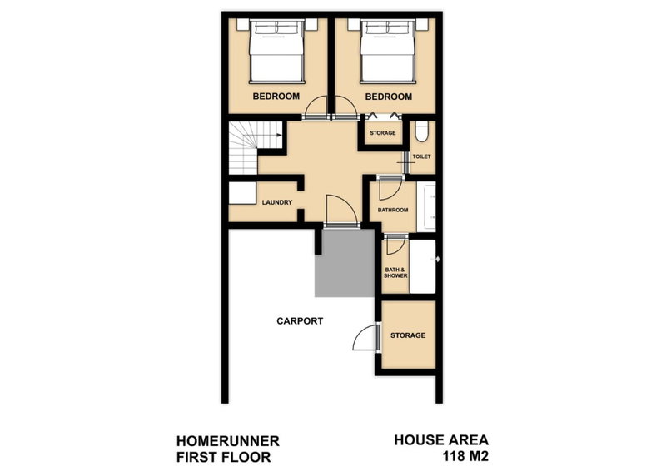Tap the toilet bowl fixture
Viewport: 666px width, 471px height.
[x=422, y=131]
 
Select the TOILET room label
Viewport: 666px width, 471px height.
[x=422, y=156]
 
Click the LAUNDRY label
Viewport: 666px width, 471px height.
[x=277, y=202]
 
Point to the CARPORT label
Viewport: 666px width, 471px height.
[x=300, y=321]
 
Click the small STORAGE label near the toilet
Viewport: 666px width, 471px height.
[x=383, y=133]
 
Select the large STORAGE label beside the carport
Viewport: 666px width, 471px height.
[x=408, y=335]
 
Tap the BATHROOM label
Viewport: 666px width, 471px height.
[x=393, y=210]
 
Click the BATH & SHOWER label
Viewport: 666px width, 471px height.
[x=396, y=273]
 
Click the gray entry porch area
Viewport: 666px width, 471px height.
[x=345, y=262]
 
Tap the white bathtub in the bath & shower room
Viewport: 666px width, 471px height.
[x=423, y=267]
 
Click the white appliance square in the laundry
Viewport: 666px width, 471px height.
[x=242, y=193]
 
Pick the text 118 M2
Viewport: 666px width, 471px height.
[x=465, y=457]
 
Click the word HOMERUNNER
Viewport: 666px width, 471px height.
[x=227, y=441]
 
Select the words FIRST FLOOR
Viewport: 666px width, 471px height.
[x=223, y=458]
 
